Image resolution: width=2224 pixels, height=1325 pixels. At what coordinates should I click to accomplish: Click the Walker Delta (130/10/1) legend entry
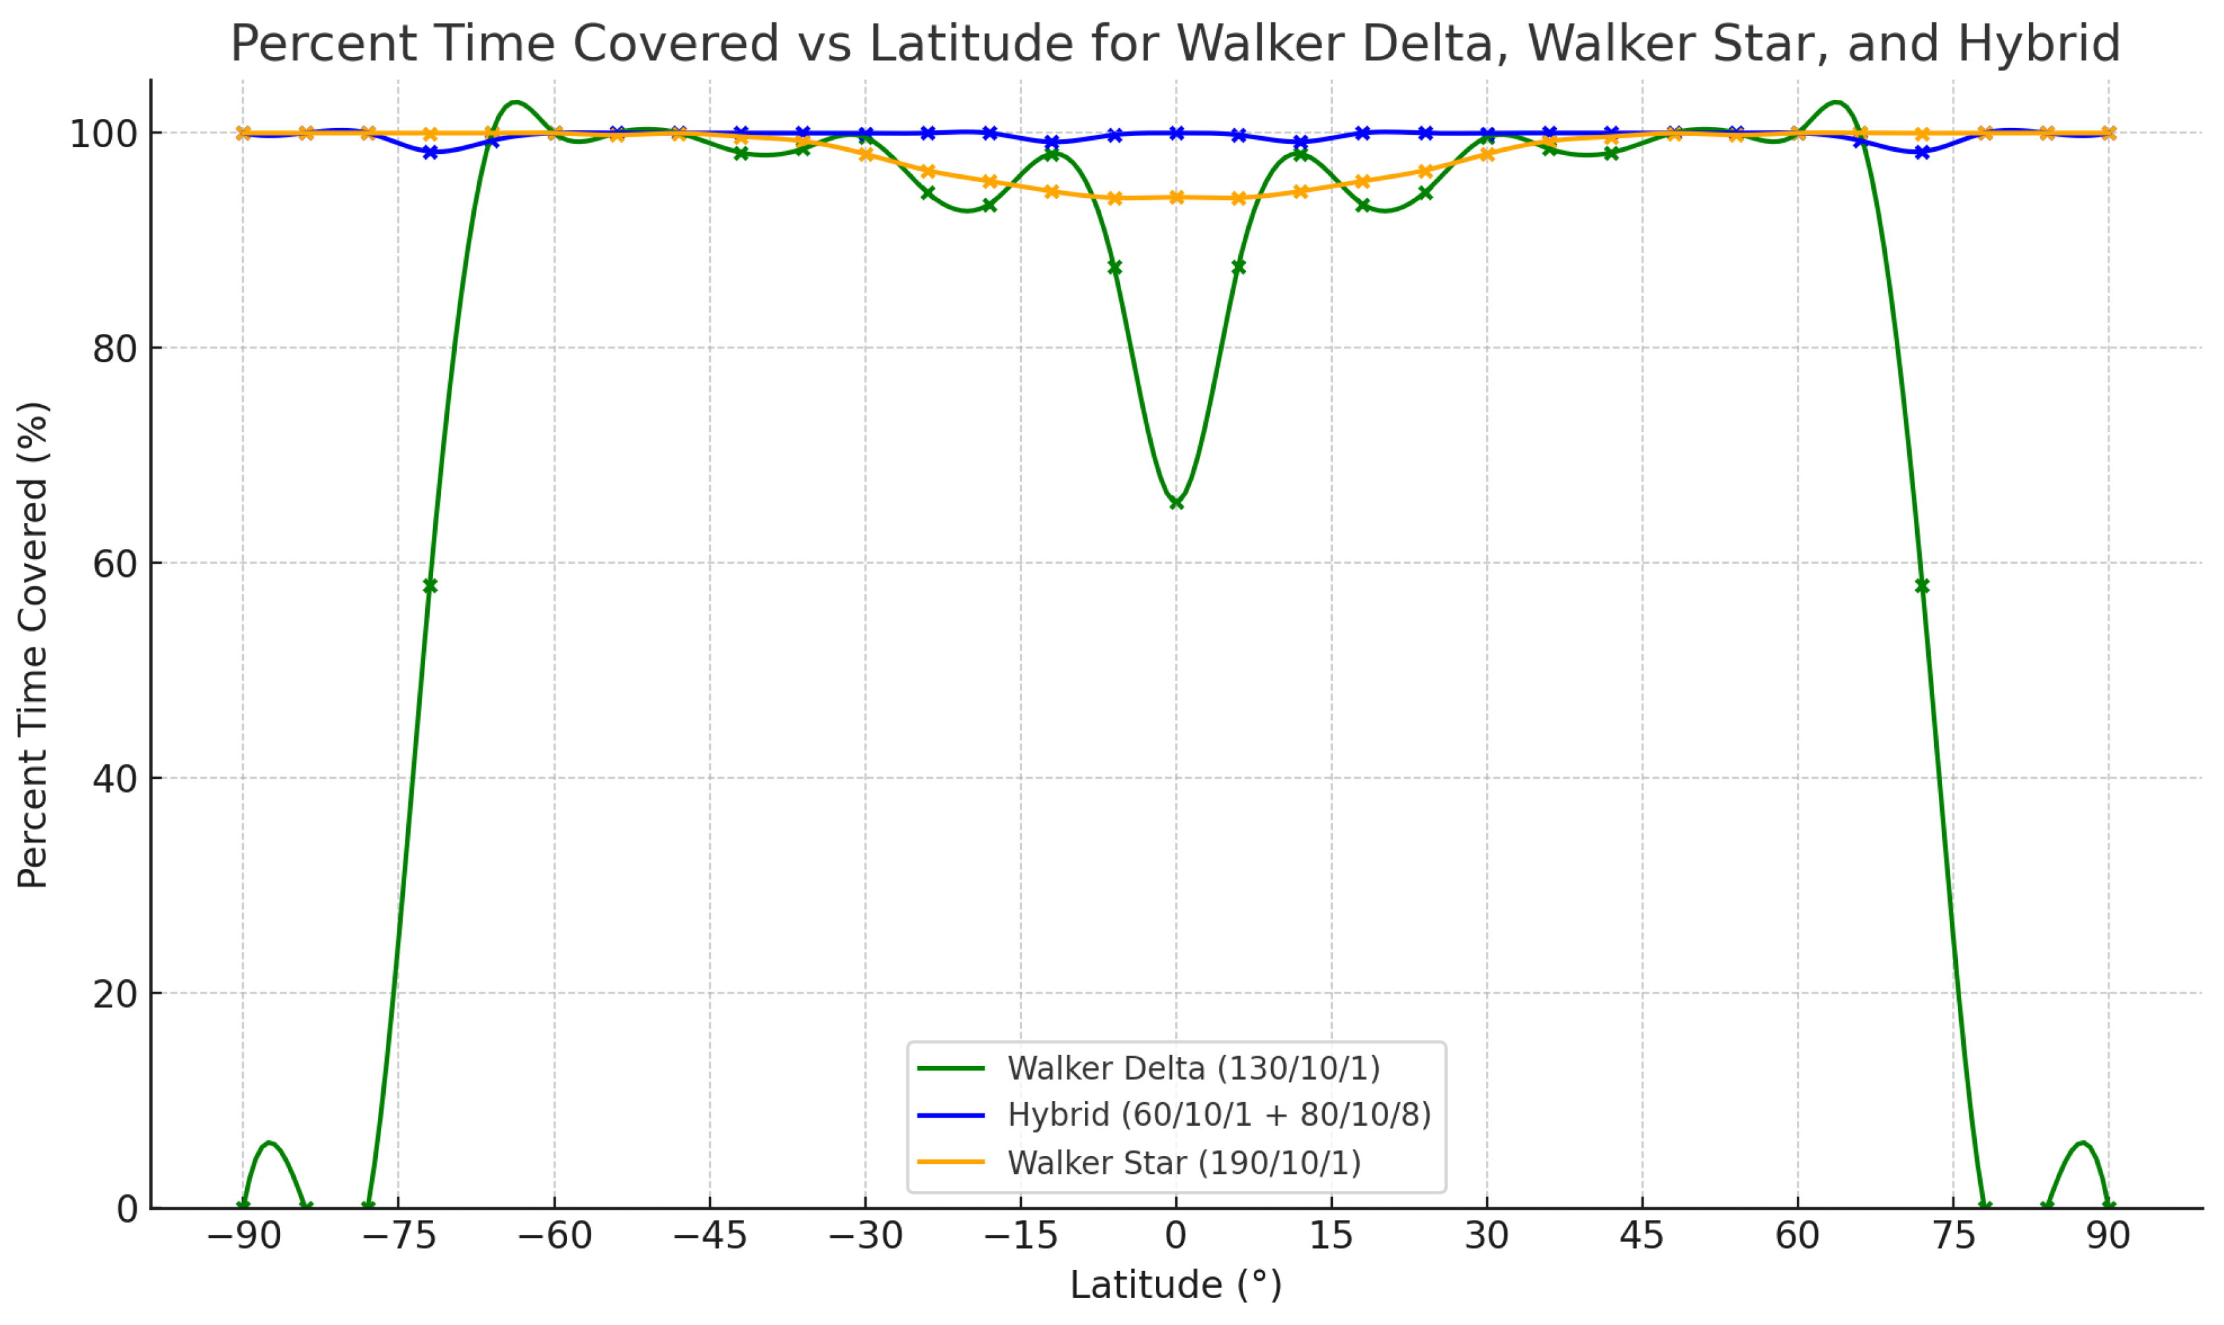pos(1149,1068)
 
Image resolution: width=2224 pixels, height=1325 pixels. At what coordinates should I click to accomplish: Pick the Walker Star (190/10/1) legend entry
pos(1139,1163)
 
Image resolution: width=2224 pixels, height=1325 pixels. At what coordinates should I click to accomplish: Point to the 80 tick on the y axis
pos(115,348)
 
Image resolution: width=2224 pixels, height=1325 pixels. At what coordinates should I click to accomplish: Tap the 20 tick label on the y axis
pos(115,993)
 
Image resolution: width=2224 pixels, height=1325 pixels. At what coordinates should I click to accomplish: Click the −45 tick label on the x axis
pos(710,1237)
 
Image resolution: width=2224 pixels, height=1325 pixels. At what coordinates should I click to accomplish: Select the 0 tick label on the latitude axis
pos(1176,1237)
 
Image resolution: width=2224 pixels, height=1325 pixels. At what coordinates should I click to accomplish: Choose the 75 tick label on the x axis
pos(1953,1237)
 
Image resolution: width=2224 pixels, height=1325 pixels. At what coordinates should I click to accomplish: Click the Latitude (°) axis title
pos(1176,1286)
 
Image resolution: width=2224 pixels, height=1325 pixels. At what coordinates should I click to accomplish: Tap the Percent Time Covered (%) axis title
pos(33,645)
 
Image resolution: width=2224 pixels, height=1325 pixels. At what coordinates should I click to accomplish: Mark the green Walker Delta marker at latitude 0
pos(1176,503)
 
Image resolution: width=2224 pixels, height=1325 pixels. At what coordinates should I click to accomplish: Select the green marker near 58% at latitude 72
pos(1922,586)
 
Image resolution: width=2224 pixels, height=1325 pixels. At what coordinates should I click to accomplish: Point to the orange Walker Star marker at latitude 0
pos(1176,197)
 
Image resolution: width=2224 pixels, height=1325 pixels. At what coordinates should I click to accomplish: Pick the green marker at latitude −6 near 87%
pos(1114,268)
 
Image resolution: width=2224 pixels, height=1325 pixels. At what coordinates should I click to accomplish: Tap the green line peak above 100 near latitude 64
pos(1836,102)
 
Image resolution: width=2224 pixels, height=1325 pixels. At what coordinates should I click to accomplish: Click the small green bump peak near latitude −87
pos(269,1143)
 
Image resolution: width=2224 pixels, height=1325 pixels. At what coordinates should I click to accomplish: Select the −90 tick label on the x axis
pos(244,1237)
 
